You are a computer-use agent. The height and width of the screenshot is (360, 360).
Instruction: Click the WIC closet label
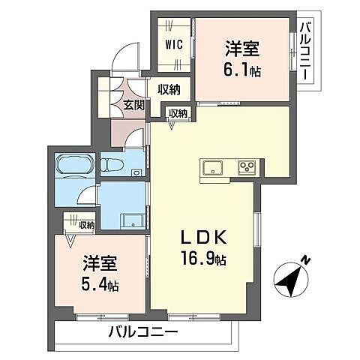click(173, 43)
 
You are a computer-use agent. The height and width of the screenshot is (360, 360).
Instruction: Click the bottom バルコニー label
click(142, 331)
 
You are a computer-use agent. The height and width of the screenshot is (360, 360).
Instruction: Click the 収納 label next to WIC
click(169, 89)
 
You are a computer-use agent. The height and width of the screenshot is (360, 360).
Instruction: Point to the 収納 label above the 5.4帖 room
click(81, 224)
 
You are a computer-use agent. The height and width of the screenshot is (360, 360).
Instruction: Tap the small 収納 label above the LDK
click(178, 112)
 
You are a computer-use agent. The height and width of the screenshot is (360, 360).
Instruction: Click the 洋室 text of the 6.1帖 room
click(241, 50)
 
